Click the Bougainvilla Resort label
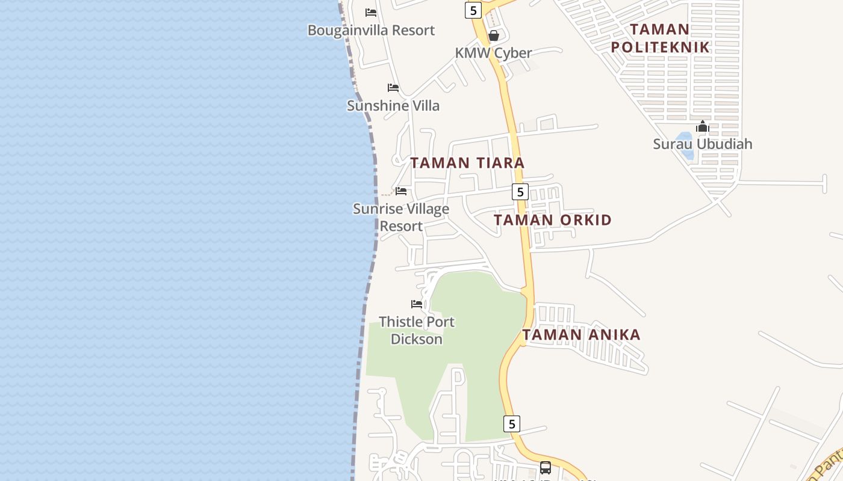(x=371, y=30)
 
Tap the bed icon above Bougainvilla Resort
(x=371, y=12)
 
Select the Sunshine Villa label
(x=393, y=106)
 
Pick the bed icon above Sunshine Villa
(x=393, y=88)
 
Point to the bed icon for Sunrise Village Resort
(x=401, y=191)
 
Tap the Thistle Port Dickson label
(x=417, y=331)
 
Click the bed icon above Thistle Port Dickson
(x=417, y=304)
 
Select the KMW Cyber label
(x=493, y=53)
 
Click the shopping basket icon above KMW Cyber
(x=494, y=35)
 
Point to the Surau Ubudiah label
(x=703, y=144)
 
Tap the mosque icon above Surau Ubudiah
(x=702, y=127)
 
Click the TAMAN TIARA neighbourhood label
(x=467, y=163)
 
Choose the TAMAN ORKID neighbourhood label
(x=553, y=220)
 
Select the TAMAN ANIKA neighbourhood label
(x=581, y=335)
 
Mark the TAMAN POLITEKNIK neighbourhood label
(x=660, y=38)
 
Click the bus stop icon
(x=546, y=467)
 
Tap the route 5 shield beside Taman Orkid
(x=520, y=192)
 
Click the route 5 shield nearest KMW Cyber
(x=473, y=10)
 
